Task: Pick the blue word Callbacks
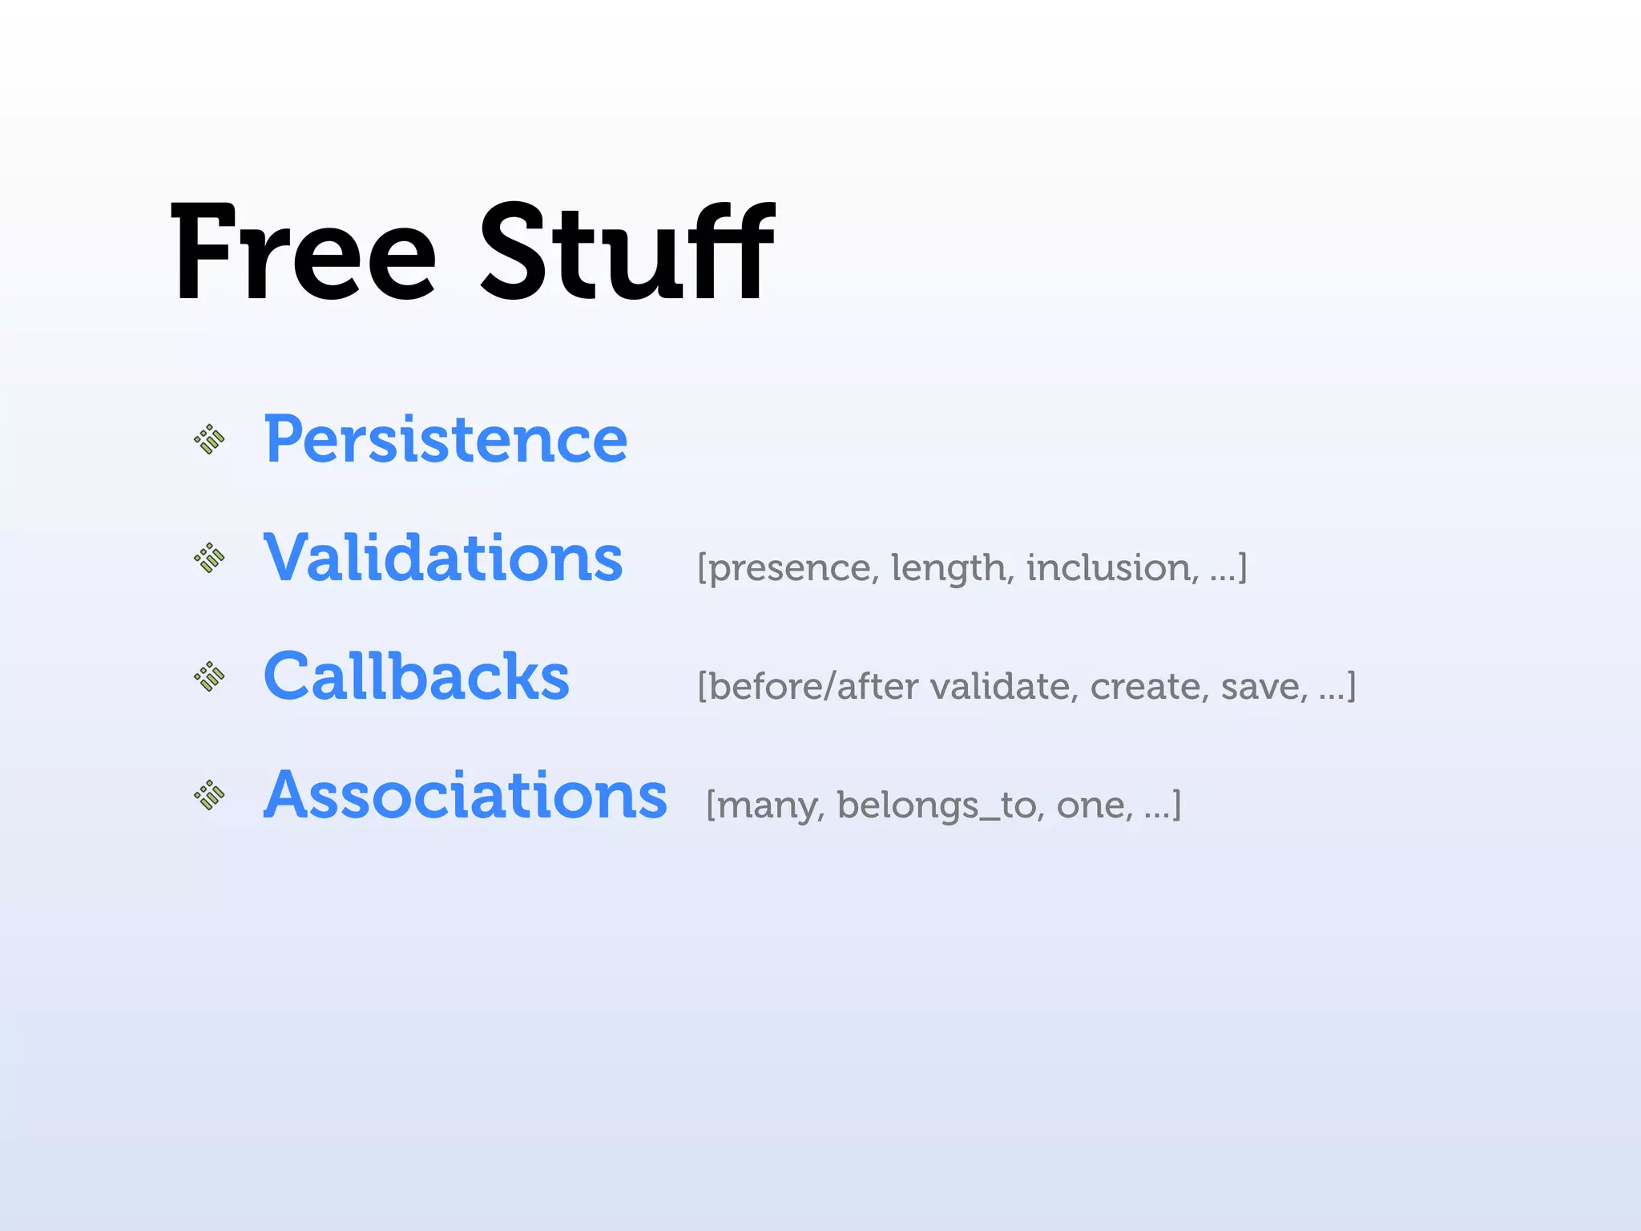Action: coord(416,676)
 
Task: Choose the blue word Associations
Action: coord(465,795)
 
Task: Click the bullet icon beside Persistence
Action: coord(210,439)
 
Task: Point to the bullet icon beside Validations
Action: coord(210,558)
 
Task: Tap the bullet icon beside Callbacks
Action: coord(210,676)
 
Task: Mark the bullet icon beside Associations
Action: coord(210,795)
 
